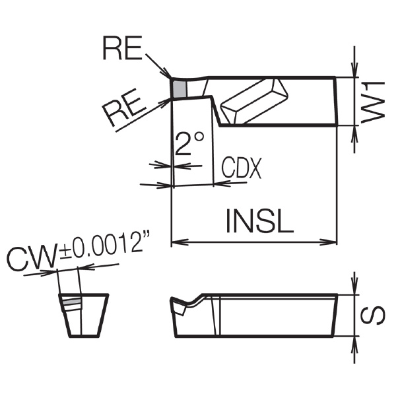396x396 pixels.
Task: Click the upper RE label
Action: point(122,48)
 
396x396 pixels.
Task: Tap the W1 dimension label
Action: point(373,102)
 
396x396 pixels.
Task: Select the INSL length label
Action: point(259,220)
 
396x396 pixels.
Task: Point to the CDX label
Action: point(242,168)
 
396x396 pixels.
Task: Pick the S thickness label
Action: point(373,315)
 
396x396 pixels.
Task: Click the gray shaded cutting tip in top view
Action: point(180,89)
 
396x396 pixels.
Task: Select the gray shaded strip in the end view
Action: point(72,302)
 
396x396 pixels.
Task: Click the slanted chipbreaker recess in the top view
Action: point(254,102)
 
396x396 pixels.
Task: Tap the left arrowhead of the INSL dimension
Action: point(180,242)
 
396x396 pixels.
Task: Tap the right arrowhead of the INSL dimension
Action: point(328,242)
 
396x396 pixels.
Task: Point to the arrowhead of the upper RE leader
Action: point(167,73)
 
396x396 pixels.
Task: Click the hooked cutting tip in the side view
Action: point(180,306)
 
